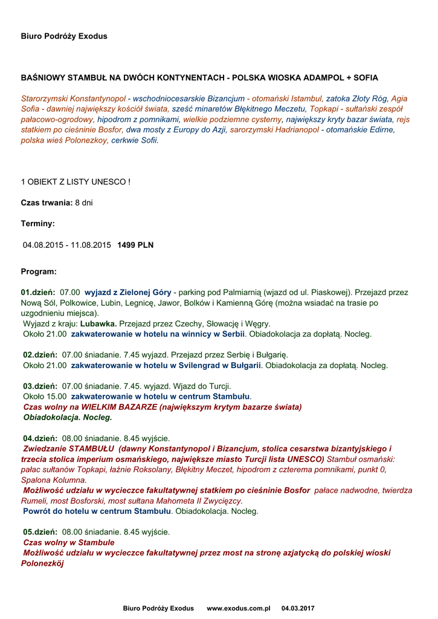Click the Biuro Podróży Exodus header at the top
coord(64,36)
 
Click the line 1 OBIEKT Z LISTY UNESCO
coord(76,181)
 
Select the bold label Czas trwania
coord(47,203)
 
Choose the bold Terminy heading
coord(38,224)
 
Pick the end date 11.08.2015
coord(91,245)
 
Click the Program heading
coord(39,271)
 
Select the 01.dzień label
coord(38,292)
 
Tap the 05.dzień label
coord(38,532)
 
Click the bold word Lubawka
coord(99,323)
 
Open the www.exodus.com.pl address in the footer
coord(238,608)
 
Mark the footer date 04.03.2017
coord(298,608)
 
